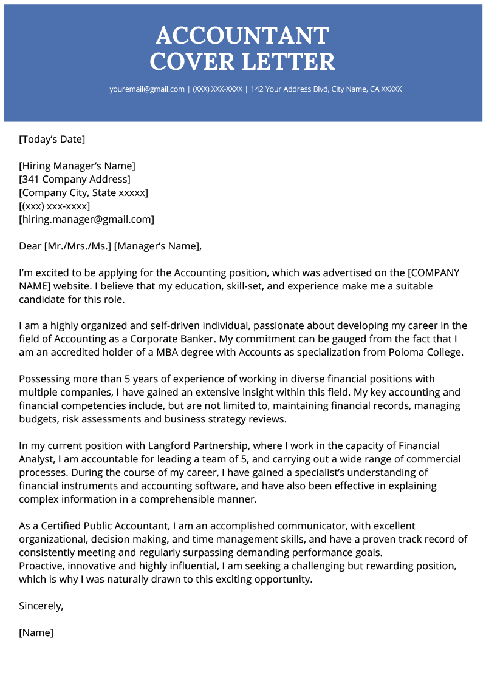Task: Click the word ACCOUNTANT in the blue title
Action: [242, 36]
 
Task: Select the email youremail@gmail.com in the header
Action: [147, 89]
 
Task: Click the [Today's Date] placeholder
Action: [52, 140]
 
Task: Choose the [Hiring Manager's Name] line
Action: [77, 166]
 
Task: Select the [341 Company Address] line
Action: [75, 180]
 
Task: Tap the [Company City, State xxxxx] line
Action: [84, 193]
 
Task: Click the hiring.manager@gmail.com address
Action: [87, 220]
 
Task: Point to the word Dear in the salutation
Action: [30, 246]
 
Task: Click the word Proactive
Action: [42, 566]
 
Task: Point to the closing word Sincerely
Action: [41, 606]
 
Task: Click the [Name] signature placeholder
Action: [36, 632]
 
